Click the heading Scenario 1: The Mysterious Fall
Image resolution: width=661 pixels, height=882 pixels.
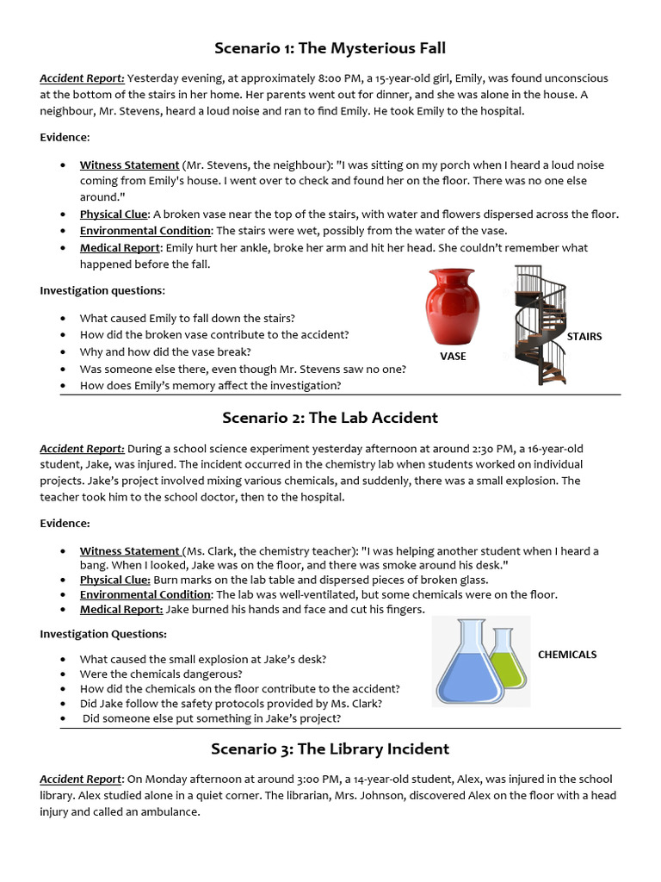tap(330, 47)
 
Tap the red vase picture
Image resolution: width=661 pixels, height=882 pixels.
tap(452, 307)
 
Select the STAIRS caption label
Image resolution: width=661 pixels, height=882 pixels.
tap(584, 337)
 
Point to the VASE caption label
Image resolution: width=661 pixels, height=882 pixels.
tap(453, 356)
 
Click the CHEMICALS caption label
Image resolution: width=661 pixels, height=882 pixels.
tap(566, 655)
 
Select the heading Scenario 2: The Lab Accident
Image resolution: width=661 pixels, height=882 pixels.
tap(330, 418)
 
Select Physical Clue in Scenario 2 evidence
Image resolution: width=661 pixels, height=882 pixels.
tap(114, 581)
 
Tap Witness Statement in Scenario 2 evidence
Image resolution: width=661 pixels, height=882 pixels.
tap(130, 551)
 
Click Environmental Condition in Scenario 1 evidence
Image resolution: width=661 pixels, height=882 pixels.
tap(145, 231)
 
